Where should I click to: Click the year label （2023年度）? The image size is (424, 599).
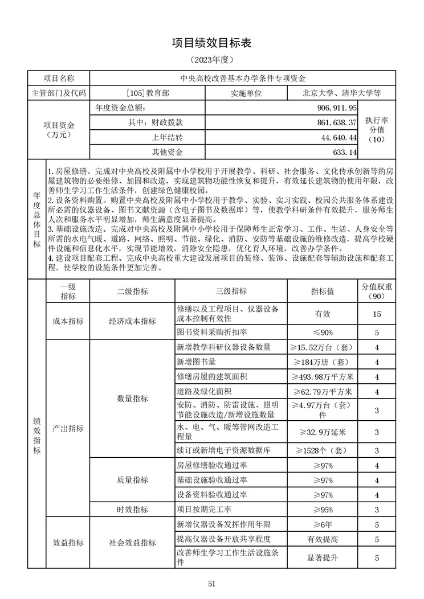[211, 59]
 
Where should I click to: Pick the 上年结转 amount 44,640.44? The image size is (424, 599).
[340, 137]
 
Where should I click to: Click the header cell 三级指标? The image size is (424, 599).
[231, 291]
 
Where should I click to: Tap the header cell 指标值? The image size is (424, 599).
[323, 291]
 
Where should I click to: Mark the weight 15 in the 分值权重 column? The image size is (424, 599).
[377, 314]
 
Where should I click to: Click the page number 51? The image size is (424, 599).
[211, 583]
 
